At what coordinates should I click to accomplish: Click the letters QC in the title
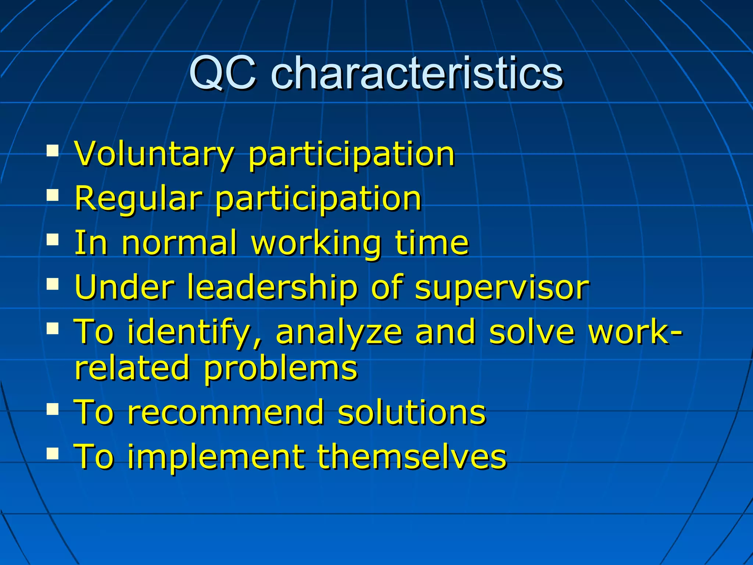pyautogui.click(x=222, y=74)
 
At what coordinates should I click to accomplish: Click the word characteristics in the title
pyautogui.click(x=417, y=74)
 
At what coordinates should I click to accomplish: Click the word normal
pyautogui.click(x=179, y=243)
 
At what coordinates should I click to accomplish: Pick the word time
pyautogui.click(x=432, y=243)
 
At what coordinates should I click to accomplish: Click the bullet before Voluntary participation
pyautogui.click(x=53, y=151)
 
